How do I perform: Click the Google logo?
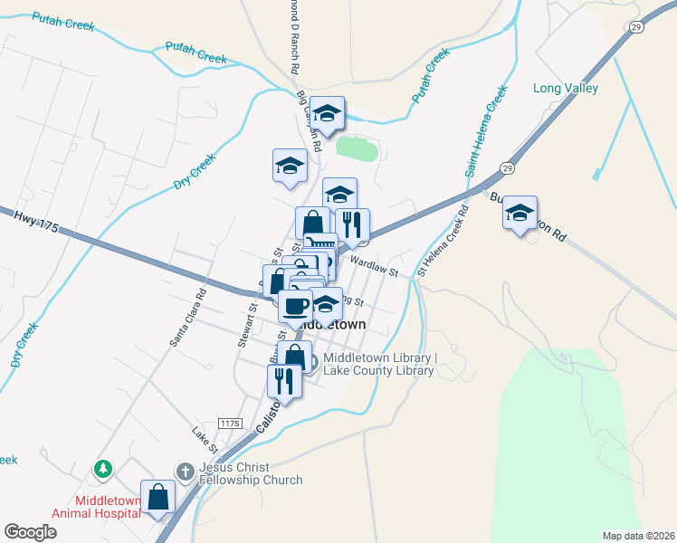click(30, 532)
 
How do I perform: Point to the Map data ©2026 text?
click(638, 536)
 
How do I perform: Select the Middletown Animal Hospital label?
click(96, 506)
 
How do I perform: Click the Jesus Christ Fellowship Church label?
click(251, 473)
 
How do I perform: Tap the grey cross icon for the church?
click(185, 471)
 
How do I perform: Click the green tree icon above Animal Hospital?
click(103, 469)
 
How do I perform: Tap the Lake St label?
click(205, 441)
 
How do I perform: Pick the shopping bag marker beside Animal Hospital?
click(158, 497)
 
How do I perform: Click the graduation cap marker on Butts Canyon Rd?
click(520, 213)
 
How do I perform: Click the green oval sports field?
click(356, 148)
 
